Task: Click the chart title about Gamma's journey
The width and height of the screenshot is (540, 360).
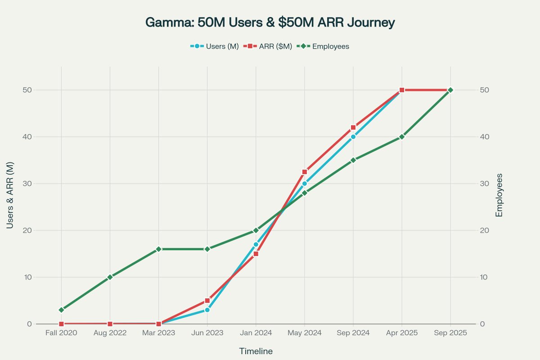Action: click(270, 22)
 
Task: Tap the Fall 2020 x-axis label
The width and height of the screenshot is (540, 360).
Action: click(61, 333)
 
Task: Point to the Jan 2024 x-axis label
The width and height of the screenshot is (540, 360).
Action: click(256, 333)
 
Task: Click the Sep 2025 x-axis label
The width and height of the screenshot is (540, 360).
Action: click(450, 333)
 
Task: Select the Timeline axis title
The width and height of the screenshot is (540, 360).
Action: click(256, 351)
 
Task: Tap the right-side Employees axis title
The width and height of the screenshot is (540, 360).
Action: click(499, 195)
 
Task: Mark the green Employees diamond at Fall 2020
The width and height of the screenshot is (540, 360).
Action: click(61, 310)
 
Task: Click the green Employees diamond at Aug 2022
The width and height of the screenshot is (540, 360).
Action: click(110, 277)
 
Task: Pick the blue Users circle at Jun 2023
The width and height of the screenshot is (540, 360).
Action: click(207, 310)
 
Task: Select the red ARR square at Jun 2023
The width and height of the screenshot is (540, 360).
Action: click(207, 301)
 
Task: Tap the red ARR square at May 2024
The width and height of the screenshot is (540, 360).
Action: click(305, 172)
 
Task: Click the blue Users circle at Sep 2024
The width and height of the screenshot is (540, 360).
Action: click(353, 137)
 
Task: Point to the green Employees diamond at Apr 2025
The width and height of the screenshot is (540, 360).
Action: click(402, 137)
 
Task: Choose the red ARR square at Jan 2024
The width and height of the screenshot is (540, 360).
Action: click(256, 254)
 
